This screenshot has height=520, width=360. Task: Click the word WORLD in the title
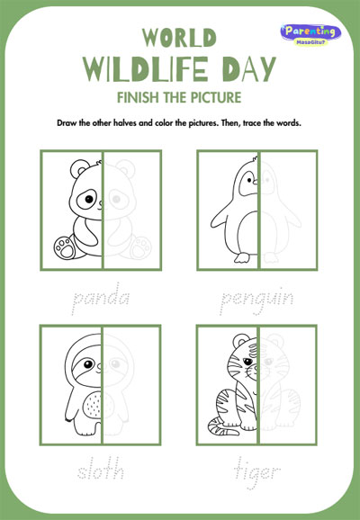pos(179,38)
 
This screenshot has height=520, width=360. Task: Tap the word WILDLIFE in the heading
pos(146,69)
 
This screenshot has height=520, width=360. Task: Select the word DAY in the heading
pos(249,69)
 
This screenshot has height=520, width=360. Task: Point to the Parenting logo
pos(310,34)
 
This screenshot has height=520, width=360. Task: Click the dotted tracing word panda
pos(100,298)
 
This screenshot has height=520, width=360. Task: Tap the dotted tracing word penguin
pos(256,300)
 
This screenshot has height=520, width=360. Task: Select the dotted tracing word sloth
pos(101,468)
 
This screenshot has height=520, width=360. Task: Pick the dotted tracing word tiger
pos(256,472)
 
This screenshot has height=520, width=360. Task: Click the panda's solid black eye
pos(89,199)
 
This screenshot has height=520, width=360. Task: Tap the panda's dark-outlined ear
pos(79,168)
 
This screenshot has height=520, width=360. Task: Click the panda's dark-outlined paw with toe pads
pos(65,247)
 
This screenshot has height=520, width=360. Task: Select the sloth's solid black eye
pos(88,364)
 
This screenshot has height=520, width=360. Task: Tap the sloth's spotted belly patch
pos(92,404)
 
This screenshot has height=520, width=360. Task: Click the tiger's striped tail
pos(221,426)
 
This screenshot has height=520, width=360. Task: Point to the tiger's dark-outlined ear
pos(241,341)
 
